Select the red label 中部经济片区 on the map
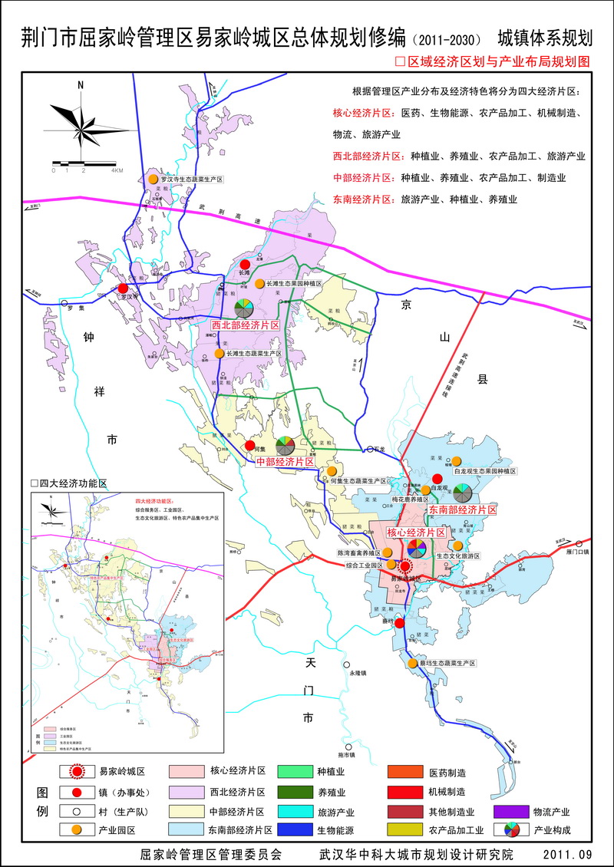pos(285,462)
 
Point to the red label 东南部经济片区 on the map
pos(462,509)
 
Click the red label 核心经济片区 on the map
pos(416,532)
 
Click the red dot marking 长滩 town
pos(245,265)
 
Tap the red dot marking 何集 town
pos(249,446)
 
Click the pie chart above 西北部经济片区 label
pos(244,308)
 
